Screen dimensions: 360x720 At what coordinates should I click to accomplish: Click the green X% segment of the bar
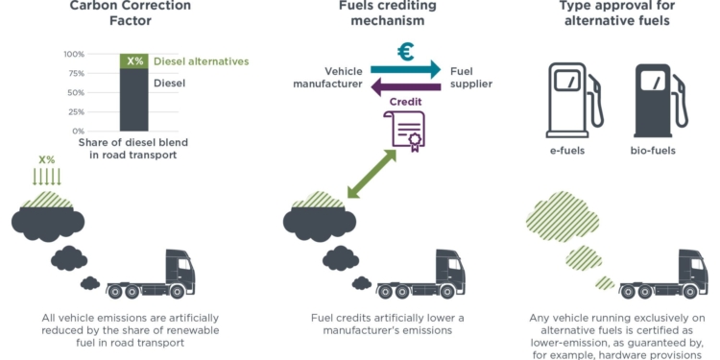tap(134, 61)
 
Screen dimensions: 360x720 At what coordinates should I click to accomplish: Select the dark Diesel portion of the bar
tap(134, 100)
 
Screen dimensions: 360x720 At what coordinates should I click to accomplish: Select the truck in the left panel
tap(153, 276)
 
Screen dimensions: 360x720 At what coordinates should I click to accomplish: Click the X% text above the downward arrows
tap(46, 159)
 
